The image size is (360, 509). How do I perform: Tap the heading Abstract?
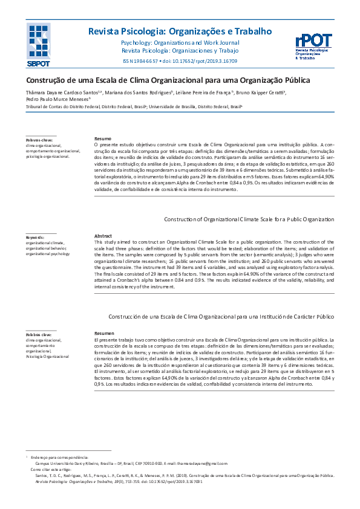point(104,236)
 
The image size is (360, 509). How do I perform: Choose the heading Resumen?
point(105,334)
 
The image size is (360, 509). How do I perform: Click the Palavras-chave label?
point(39,140)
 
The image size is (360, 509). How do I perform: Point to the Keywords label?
point(36,237)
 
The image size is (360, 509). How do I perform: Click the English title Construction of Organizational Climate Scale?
point(249,219)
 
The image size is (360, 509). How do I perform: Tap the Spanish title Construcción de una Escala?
point(220,317)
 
